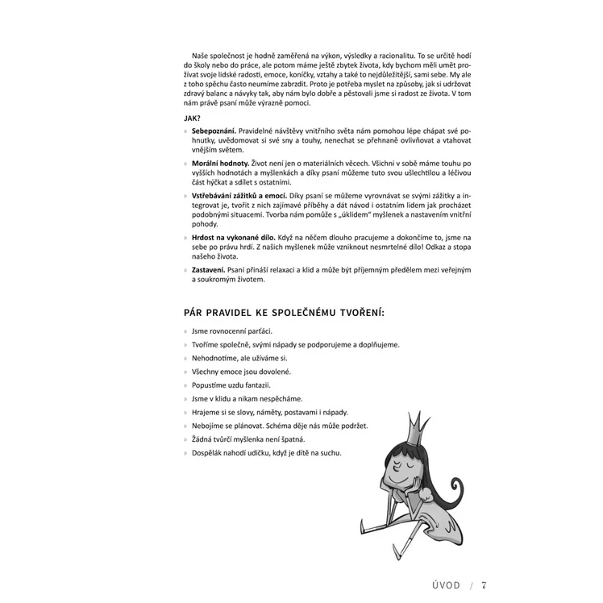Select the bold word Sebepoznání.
pyautogui.click(x=214, y=130)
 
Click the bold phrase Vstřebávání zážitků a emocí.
pyautogui.click(x=239, y=197)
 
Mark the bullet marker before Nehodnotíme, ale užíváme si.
pyautogui.click(x=185, y=358)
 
